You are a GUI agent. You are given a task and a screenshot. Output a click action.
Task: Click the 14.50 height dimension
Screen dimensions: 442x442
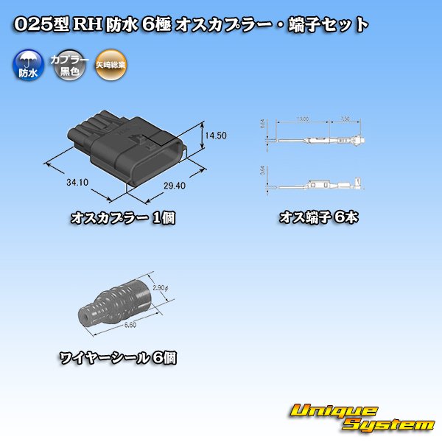coord(216,136)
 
